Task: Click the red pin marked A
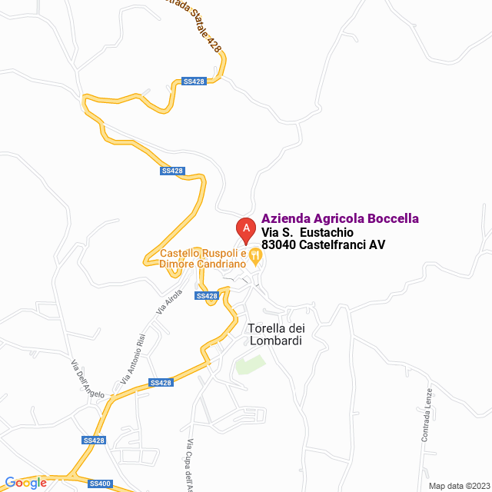(245, 228)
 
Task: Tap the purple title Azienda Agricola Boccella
(341, 219)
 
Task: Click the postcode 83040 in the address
(279, 245)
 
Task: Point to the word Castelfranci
(332, 245)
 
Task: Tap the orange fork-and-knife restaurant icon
(256, 254)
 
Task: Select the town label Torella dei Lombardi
(274, 334)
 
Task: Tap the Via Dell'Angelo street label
(88, 380)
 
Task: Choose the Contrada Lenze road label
(427, 414)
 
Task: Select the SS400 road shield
(99, 484)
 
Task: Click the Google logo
(25, 482)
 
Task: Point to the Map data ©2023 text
(458, 485)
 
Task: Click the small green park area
(250, 364)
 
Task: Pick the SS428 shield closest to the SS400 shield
(93, 440)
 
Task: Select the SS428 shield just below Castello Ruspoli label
(206, 296)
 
